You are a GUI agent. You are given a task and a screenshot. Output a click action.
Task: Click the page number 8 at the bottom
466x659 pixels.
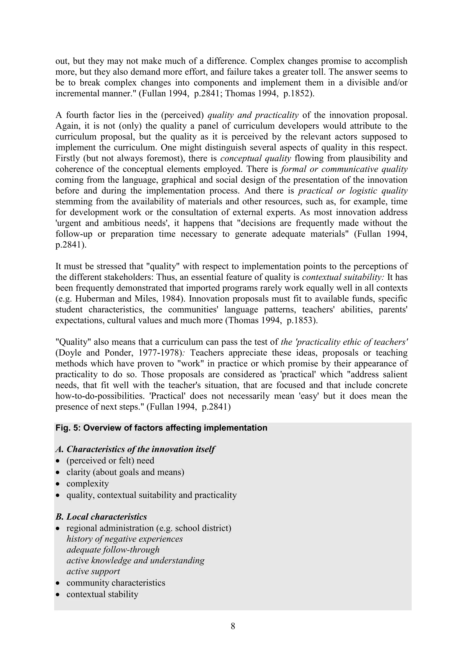233,626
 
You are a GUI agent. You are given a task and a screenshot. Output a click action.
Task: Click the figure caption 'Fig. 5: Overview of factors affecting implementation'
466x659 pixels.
161,428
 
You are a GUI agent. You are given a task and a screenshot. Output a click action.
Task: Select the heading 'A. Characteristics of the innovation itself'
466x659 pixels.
135,449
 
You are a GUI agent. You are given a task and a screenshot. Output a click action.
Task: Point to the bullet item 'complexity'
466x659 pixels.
88,483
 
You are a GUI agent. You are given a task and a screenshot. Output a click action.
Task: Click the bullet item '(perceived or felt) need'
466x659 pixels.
110,460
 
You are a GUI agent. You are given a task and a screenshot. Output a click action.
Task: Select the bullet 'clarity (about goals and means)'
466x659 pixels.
125,472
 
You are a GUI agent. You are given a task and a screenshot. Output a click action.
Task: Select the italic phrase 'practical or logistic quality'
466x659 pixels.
353,191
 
